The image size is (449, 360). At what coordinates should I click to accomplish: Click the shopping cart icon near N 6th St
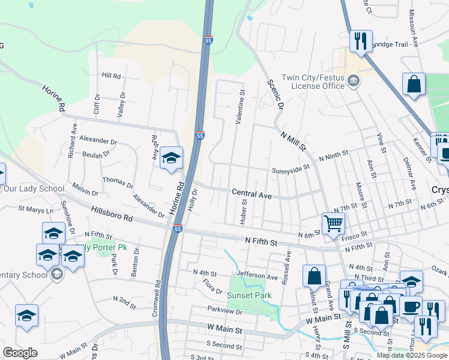[x=333, y=223]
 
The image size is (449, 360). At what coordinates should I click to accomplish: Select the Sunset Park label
[x=249, y=295]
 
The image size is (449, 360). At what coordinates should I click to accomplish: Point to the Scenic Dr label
[x=274, y=95]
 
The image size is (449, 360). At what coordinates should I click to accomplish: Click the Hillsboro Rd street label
[x=112, y=214]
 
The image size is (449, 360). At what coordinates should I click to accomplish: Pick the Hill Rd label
[x=111, y=76]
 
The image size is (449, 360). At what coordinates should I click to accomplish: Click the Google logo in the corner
[x=20, y=352]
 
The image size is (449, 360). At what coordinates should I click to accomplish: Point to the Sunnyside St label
[x=290, y=170]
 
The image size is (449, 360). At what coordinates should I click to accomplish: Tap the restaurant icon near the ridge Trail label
[x=360, y=41]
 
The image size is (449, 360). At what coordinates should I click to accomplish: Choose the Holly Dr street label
[x=195, y=199]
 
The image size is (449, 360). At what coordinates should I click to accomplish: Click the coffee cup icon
[x=411, y=307]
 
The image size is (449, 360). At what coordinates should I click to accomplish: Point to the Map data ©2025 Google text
[x=411, y=355]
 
